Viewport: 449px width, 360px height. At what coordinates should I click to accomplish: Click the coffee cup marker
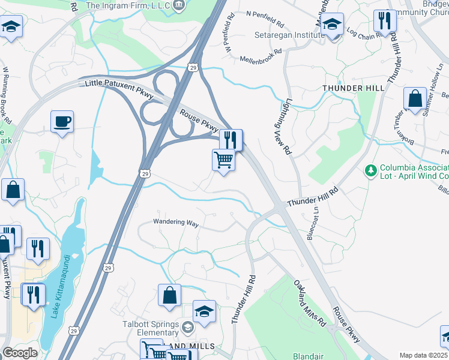coord(62,122)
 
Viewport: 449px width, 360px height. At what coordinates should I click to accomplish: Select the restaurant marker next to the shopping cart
coord(231,140)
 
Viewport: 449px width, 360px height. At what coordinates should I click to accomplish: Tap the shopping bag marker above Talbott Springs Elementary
coord(170,295)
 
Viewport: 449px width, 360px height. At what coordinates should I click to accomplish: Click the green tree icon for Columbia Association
coord(370,171)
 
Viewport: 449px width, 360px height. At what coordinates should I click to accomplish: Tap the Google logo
coord(20,353)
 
